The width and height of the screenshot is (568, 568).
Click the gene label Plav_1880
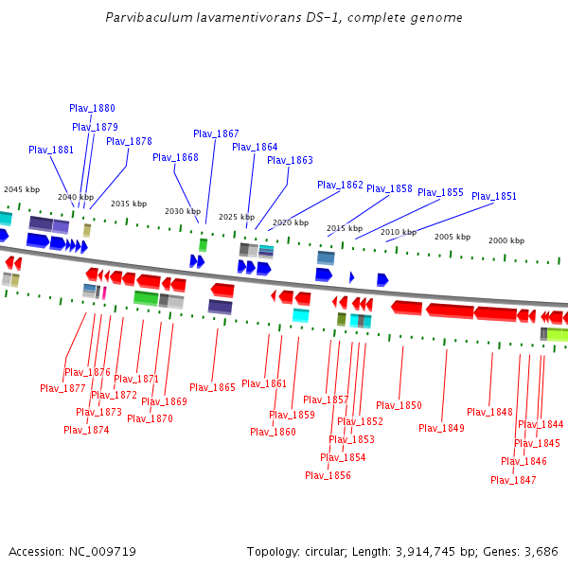pyautogui.click(x=92, y=109)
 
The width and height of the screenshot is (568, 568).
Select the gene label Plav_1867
pyautogui.click(x=216, y=134)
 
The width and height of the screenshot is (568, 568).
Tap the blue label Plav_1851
pyautogui.click(x=494, y=197)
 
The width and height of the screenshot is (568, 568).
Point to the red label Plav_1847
pyautogui.click(x=513, y=480)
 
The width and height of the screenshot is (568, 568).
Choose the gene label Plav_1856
pyautogui.click(x=328, y=475)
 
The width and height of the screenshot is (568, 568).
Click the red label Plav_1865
pyautogui.click(x=212, y=387)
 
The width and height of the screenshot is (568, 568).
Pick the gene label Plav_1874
pyautogui.click(x=86, y=430)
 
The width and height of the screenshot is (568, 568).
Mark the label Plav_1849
pyautogui.click(x=441, y=428)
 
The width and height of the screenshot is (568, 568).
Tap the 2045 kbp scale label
pyautogui.click(x=22, y=189)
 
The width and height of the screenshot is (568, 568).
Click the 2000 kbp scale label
pyautogui.click(x=506, y=241)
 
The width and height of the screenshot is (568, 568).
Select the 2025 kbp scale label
pyautogui.click(x=237, y=217)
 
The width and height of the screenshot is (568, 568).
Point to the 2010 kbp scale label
pyautogui.click(x=399, y=232)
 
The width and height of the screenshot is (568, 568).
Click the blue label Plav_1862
pyautogui.click(x=340, y=186)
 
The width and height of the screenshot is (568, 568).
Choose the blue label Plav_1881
pyautogui.click(x=51, y=150)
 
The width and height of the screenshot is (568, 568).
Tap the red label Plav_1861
pyautogui.click(x=264, y=383)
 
